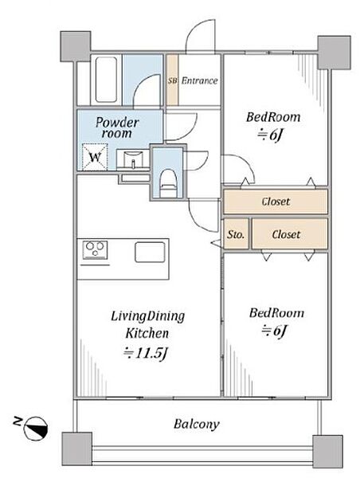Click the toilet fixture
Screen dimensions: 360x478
pos(166,183)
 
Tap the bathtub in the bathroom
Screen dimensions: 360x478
pos(106,79)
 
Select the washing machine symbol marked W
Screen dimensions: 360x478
pos(95,157)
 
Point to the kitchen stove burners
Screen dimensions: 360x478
pos(95,249)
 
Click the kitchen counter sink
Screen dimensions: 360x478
pos(150,252)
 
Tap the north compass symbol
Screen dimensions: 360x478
pos(36,427)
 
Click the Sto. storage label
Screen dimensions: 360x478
pos(236,234)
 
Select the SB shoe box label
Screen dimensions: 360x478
pos(172,81)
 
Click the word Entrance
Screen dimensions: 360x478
pos(200,80)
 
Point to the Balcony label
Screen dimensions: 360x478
pos(197,424)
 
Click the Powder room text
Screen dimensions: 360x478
pos(117,127)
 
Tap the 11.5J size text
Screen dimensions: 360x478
pos(146,353)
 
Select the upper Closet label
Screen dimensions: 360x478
pos(276,202)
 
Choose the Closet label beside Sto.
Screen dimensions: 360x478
pos(286,234)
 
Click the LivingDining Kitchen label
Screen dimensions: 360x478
pos(147,325)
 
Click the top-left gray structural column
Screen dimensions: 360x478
pos(76,46)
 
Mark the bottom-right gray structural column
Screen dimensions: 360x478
pos(327,452)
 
